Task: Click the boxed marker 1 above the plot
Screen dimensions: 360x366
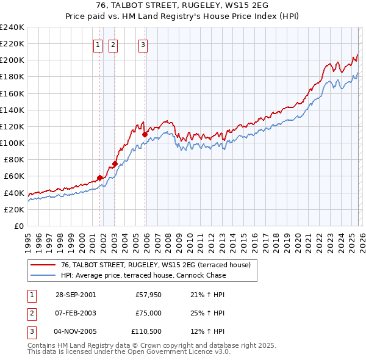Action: pyautogui.click(x=98, y=44)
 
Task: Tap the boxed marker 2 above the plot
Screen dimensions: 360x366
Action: pyautogui.click(x=113, y=44)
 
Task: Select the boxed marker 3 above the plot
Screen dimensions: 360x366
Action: pyautogui.click(x=143, y=44)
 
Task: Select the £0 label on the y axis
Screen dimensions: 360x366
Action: pyautogui.click(x=18, y=226)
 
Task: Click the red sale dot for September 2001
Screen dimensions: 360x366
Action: pyautogui.click(x=100, y=178)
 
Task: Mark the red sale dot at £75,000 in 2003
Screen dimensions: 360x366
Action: pyautogui.click(x=115, y=164)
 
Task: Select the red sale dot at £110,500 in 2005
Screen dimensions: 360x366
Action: pyautogui.click(x=145, y=134)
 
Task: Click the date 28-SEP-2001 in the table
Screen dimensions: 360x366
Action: pyautogui.click(x=75, y=295)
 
